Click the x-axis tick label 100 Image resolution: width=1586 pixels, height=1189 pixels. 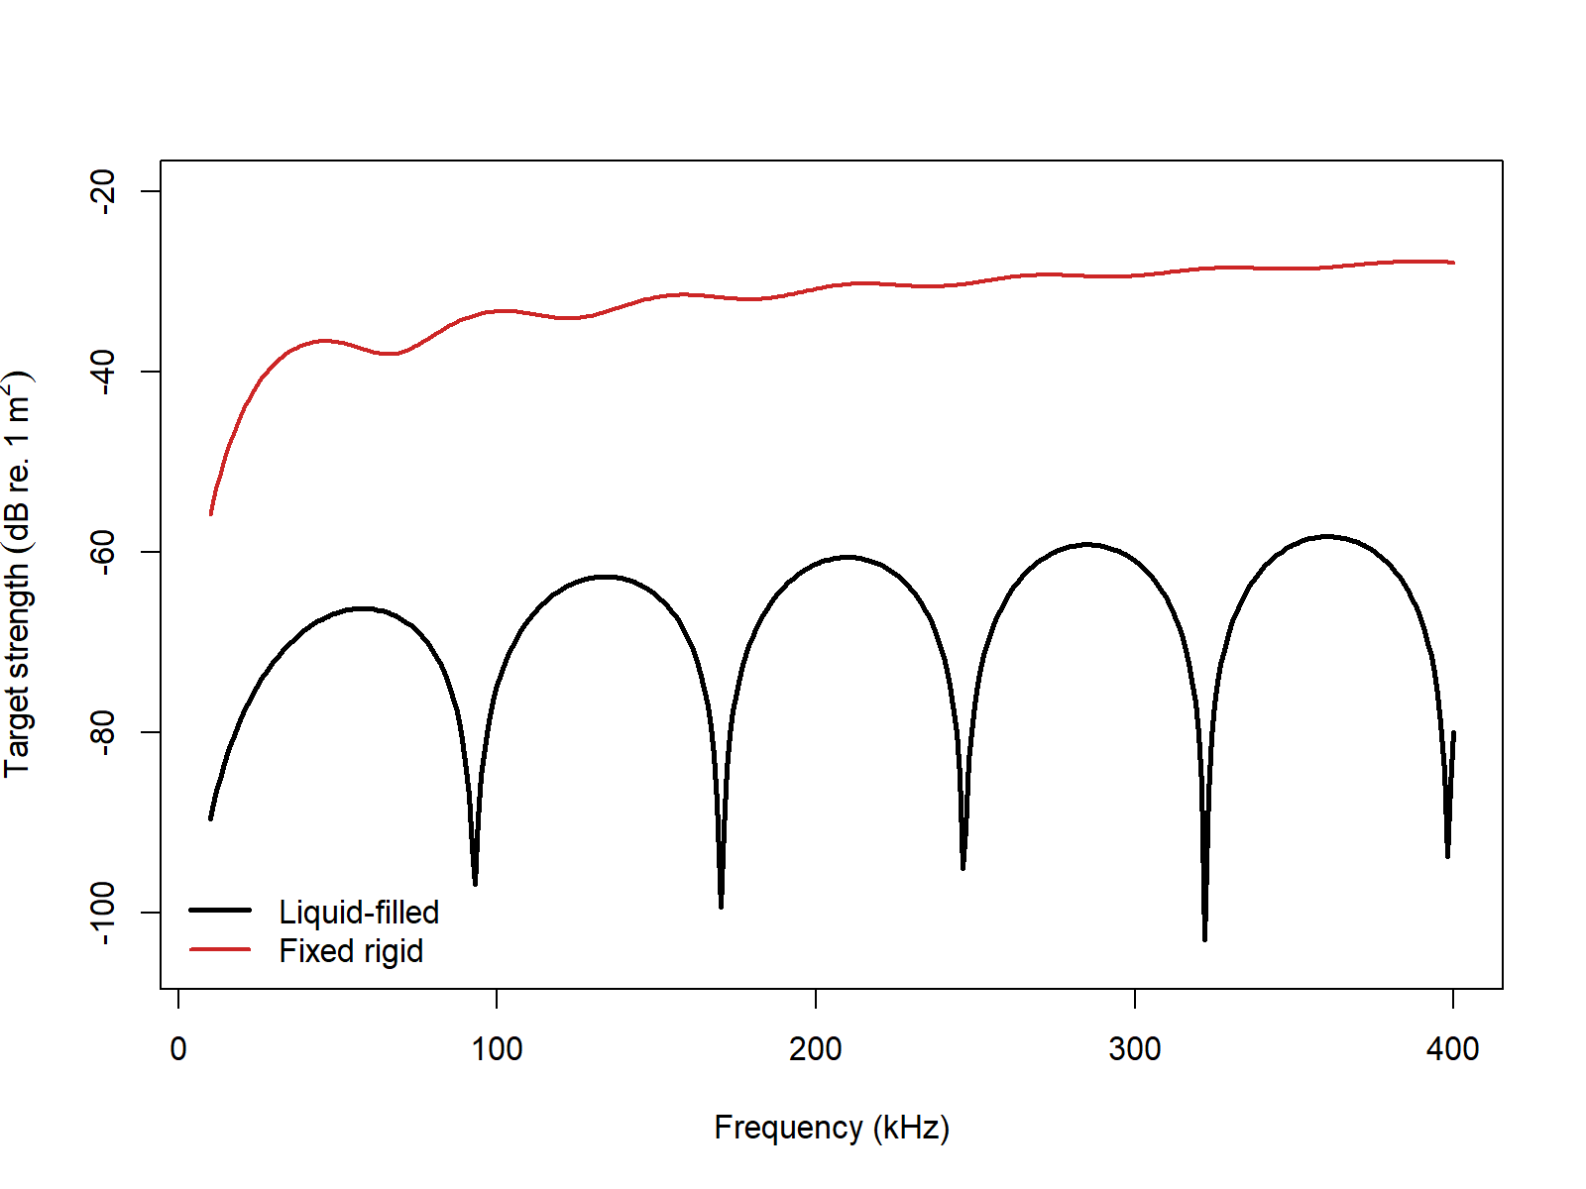(x=497, y=1049)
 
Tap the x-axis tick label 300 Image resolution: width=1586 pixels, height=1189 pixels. (x=1134, y=1049)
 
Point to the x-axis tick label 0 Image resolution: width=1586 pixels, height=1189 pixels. (x=178, y=1049)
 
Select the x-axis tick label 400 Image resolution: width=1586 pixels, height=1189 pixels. (x=1452, y=1049)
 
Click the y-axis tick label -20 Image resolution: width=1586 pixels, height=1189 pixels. (x=102, y=190)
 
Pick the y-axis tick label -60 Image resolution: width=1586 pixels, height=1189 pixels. (x=102, y=551)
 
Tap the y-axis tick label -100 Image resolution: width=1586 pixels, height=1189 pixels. (x=102, y=912)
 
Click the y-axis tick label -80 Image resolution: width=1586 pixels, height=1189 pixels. (x=102, y=731)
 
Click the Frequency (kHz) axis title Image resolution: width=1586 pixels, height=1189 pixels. (x=831, y=1128)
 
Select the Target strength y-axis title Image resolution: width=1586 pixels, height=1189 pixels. (x=18, y=575)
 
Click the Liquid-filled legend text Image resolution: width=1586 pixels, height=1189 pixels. (x=359, y=912)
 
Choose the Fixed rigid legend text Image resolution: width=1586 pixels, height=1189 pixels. (x=351, y=951)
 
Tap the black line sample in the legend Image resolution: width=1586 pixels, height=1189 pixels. (x=220, y=910)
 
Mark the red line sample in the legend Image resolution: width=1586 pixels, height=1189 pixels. (x=220, y=949)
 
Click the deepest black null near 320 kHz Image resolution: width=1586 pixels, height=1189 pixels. (x=1204, y=937)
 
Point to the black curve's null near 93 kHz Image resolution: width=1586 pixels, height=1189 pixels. (x=475, y=882)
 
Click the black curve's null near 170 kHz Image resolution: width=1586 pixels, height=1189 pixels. (x=721, y=905)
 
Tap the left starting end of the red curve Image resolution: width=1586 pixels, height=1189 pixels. (x=211, y=513)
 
